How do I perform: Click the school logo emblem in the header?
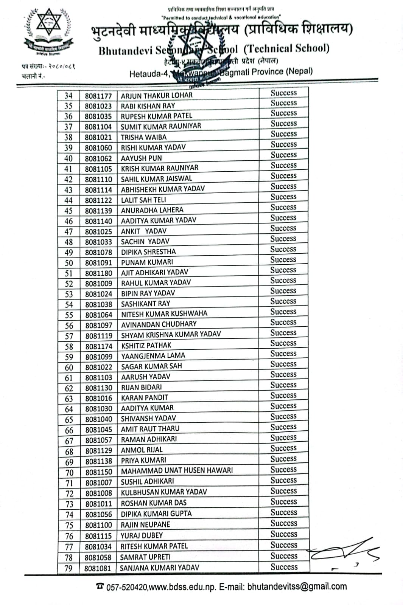tap(48, 32)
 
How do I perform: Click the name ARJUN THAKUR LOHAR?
tap(157, 95)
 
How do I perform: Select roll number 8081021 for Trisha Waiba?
tap(98, 137)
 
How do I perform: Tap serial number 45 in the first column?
tap(68, 211)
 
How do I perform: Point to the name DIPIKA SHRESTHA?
tap(148, 251)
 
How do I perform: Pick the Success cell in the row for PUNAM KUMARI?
tap(283, 260)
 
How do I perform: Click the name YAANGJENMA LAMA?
tap(153, 356)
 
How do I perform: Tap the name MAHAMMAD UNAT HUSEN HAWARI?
tap(177, 471)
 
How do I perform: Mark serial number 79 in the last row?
tap(68, 568)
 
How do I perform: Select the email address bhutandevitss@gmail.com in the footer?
tap(297, 586)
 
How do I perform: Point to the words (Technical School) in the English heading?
tap(286, 48)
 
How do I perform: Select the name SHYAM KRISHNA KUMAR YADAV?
tap(171, 334)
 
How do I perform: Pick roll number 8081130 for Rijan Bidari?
tap(99, 388)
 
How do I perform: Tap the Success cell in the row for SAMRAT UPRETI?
tap(284, 556)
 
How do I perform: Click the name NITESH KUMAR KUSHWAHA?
tap(164, 314)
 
